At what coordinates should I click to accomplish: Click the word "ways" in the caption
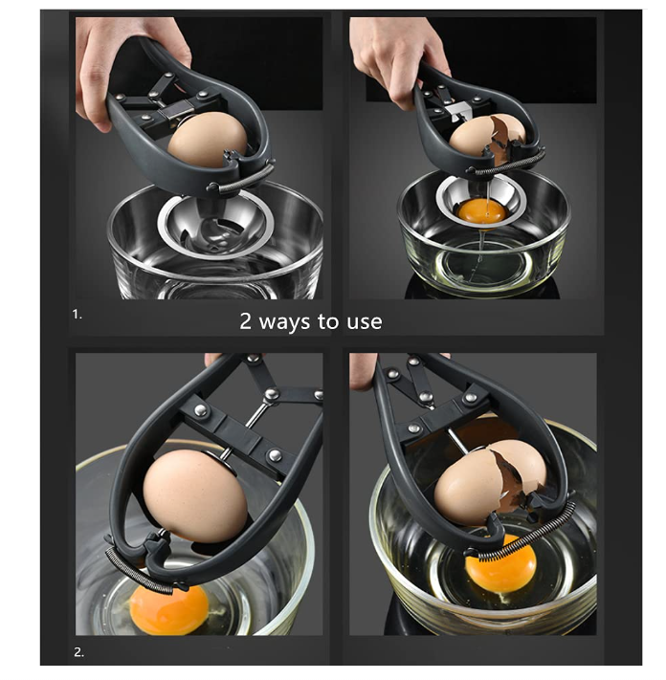pos(284,321)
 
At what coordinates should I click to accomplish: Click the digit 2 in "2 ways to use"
pos(246,321)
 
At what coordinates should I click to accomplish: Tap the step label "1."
pos(77,315)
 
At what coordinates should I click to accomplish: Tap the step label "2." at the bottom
pos(78,652)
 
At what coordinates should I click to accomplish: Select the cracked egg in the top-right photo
pos(486,135)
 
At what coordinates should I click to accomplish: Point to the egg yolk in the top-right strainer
pos(482,211)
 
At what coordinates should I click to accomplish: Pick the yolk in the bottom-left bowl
pos(169,609)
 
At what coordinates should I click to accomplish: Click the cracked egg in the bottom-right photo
pos(489,481)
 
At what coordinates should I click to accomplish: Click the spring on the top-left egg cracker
pos(243,177)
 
